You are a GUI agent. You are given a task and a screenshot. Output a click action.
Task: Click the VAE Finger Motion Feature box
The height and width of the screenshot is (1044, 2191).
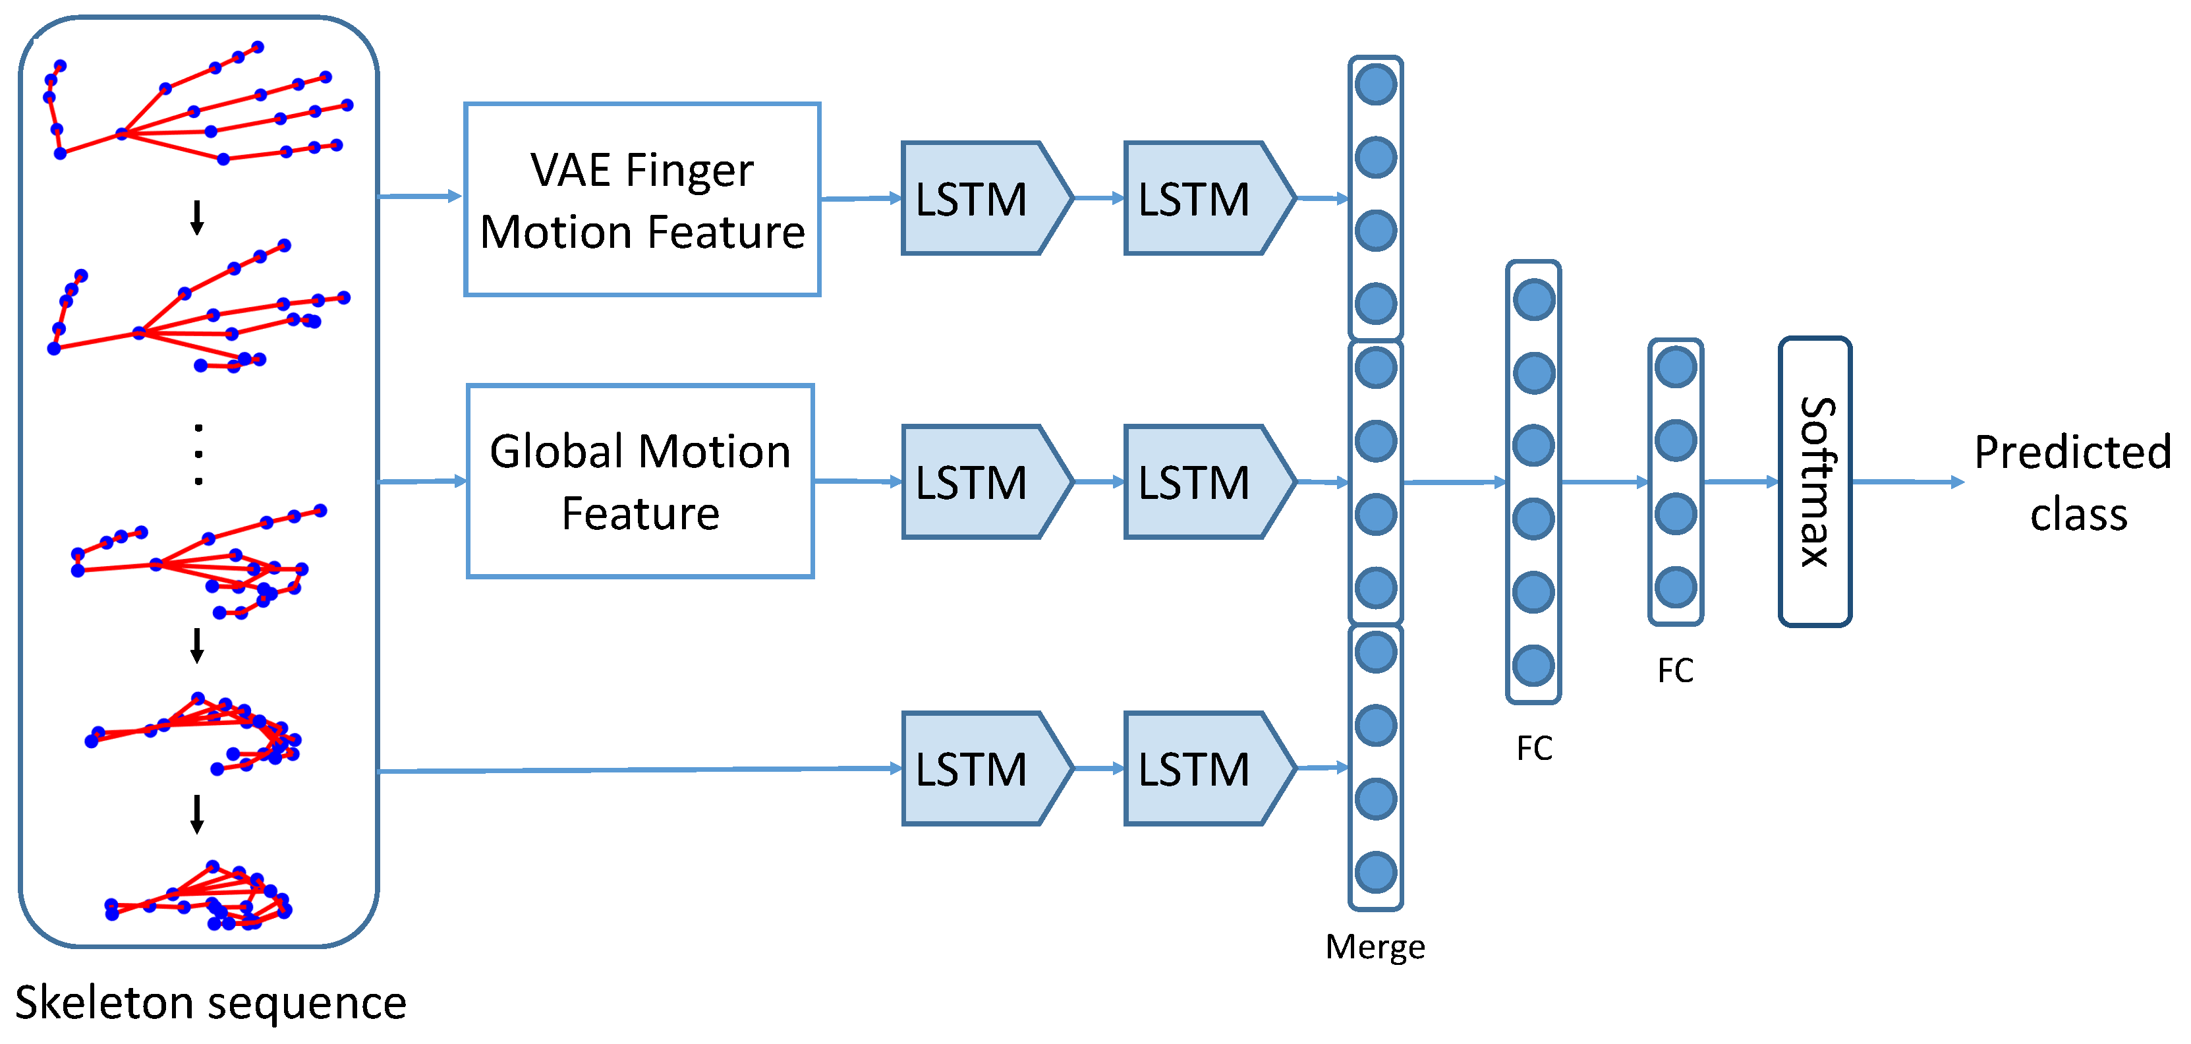tap(642, 200)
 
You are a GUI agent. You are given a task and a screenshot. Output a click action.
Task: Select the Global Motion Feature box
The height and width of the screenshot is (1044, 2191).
tap(640, 482)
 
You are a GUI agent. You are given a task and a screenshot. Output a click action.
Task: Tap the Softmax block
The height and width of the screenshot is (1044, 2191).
tap(1814, 482)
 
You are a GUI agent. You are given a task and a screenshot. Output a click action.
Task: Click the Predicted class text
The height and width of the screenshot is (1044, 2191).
tap(2073, 482)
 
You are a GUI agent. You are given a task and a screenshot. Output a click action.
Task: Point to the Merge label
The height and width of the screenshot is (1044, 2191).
tap(1375, 946)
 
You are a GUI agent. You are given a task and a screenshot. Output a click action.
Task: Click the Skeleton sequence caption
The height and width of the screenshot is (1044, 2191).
tap(210, 1002)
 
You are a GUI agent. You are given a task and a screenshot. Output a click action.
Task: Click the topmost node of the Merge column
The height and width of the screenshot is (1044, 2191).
tap(1375, 85)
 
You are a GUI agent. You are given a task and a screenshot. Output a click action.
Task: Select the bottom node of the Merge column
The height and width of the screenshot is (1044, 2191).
tap(1375, 872)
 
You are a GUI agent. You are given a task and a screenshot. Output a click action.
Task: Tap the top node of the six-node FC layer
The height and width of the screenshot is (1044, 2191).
tap(1533, 299)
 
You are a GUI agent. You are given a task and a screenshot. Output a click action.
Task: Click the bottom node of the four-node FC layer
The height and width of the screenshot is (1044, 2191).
tap(1676, 587)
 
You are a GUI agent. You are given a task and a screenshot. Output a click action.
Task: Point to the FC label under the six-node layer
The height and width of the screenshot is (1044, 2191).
tap(1533, 748)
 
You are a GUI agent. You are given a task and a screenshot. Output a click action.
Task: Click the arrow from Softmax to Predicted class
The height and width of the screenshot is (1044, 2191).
tap(1905, 482)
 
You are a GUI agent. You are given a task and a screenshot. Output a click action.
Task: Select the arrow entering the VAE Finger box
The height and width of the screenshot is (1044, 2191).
tap(421, 196)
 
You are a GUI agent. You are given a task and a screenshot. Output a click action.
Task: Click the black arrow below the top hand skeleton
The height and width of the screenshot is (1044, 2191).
tap(196, 217)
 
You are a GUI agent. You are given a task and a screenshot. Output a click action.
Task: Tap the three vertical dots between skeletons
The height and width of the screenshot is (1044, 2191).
tap(198, 453)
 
